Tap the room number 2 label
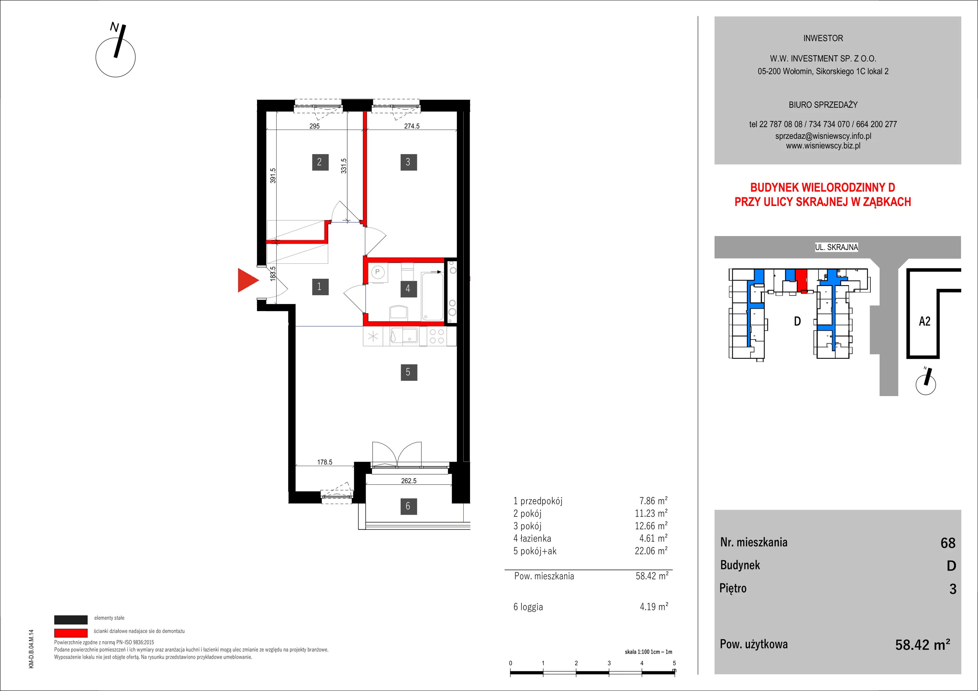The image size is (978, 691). pyautogui.click(x=319, y=162)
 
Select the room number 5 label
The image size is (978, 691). pyautogui.click(x=408, y=372)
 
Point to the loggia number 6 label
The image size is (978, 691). pyautogui.click(x=408, y=506)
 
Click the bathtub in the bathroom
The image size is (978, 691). pyautogui.click(x=432, y=296)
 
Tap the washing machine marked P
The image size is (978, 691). pyautogui.click(x=378, y=273)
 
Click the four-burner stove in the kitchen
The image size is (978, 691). pyautogui.click(x=437, y=336)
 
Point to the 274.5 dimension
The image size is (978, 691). pyautogui.click(x=412, y=126)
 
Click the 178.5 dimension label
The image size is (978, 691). pyautogui.click(x=325, y=462)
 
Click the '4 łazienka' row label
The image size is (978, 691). pyautogui.click(x=532, y=538)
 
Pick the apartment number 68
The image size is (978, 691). pyautogui.click(x=948, y=543)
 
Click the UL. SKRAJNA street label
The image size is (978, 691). pyautogui.click(x=836, y=247)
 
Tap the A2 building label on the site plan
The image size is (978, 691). pyautogui.click(x=925, y=321)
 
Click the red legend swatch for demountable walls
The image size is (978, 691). pyautogui.click(x=71, y=633)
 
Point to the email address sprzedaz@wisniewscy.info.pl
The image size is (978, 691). pyautogui.click(x=823, y=136)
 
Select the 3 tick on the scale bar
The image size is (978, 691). pyautogui.click(x=609, y=663)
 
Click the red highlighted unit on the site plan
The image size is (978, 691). pyautogui.click(x=802, y=280)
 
